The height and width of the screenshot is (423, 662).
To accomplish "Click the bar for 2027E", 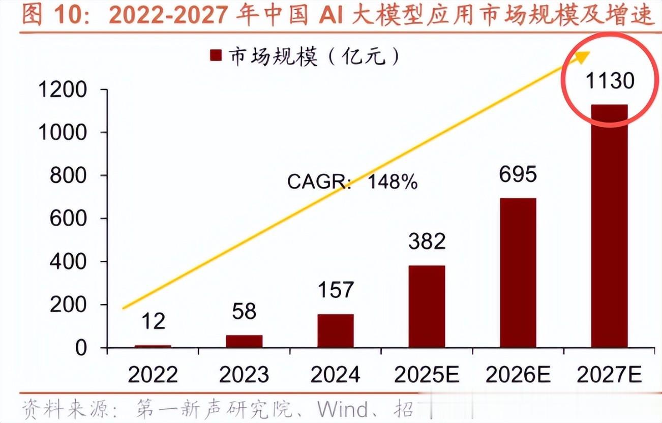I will (609, 226).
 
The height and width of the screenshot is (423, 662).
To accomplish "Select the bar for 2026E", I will (518, 273).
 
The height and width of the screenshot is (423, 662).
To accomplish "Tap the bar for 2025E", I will (427, 307).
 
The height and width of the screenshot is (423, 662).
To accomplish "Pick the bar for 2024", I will (335, 331).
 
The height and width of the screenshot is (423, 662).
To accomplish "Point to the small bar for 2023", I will (244, 341).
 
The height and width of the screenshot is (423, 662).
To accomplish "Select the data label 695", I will (518, 174).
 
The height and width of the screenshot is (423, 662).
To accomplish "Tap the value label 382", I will (427, 241).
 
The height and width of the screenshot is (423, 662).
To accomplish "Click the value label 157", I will (335, 290).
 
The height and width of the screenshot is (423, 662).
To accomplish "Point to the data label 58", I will (244, 312).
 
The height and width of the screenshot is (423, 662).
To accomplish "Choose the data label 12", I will (153, 321).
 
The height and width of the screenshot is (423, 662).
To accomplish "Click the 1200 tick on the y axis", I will (63, 90).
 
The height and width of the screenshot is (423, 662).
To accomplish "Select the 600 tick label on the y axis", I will (70, 219).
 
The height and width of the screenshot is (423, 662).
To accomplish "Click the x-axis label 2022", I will (153, 375).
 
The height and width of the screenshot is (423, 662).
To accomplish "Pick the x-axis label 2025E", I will (427, 375).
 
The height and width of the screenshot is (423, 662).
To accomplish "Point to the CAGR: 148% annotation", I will (352, 182).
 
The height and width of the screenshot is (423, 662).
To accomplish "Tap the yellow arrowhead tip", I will (588, 53).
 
